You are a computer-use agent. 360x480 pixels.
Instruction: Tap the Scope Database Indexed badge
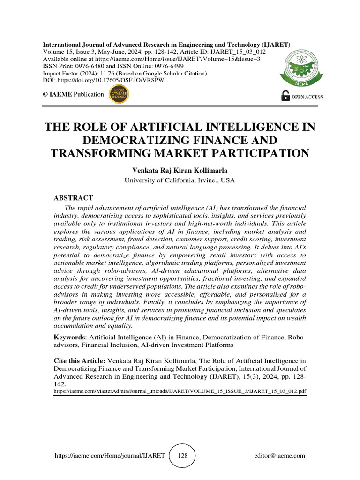click(x=119, y=94)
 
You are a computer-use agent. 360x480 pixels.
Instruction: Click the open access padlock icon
click(x=285, y=96)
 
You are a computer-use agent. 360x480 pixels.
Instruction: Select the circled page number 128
click(x=181, y=455)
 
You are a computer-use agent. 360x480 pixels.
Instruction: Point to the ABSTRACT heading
click(x=73, y=198)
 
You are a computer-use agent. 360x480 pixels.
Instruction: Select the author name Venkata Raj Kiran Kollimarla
click(x=180, y=170)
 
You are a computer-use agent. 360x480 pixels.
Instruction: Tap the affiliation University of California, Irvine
click(x=180, y=180)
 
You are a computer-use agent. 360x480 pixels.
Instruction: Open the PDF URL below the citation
click(x=180, y=390)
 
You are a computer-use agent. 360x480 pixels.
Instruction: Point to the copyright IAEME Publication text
click(x=73, y=94)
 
